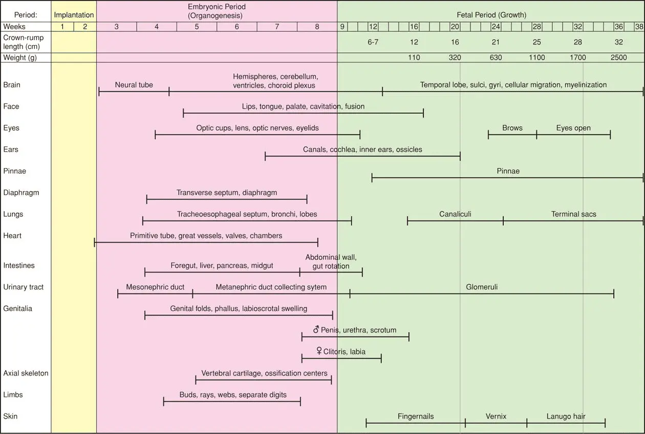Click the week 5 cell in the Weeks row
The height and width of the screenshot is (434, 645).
(197, 27)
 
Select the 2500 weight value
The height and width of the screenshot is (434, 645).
(618, 58)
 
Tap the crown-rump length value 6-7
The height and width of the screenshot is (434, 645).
(373, 43)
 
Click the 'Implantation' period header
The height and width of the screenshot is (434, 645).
(74, 15)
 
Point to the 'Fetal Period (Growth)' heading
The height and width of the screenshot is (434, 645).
(491, 15)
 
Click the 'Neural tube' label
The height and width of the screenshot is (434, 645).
(134, 85)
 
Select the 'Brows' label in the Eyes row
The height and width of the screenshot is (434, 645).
(512, 128)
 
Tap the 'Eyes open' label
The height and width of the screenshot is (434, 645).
(573, 128)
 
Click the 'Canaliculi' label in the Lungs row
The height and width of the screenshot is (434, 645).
(455, 214)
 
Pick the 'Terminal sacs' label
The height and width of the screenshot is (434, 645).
(573, 214)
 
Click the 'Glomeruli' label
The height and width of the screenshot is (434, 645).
(482, 287)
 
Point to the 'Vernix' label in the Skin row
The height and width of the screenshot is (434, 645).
(496, 417)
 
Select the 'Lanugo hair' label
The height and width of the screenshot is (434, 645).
(566, 417)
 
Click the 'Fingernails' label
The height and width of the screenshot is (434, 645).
(416, 417)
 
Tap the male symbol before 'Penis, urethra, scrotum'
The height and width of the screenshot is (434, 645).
(316, 329)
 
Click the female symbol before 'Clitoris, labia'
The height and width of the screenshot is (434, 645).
(319, 352)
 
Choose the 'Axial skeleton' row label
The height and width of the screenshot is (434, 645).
(26, 373)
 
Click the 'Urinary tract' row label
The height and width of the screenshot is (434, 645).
(24, 287)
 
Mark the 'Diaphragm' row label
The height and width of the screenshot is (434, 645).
(21, 193)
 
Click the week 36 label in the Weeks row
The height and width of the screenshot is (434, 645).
(618, 27)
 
